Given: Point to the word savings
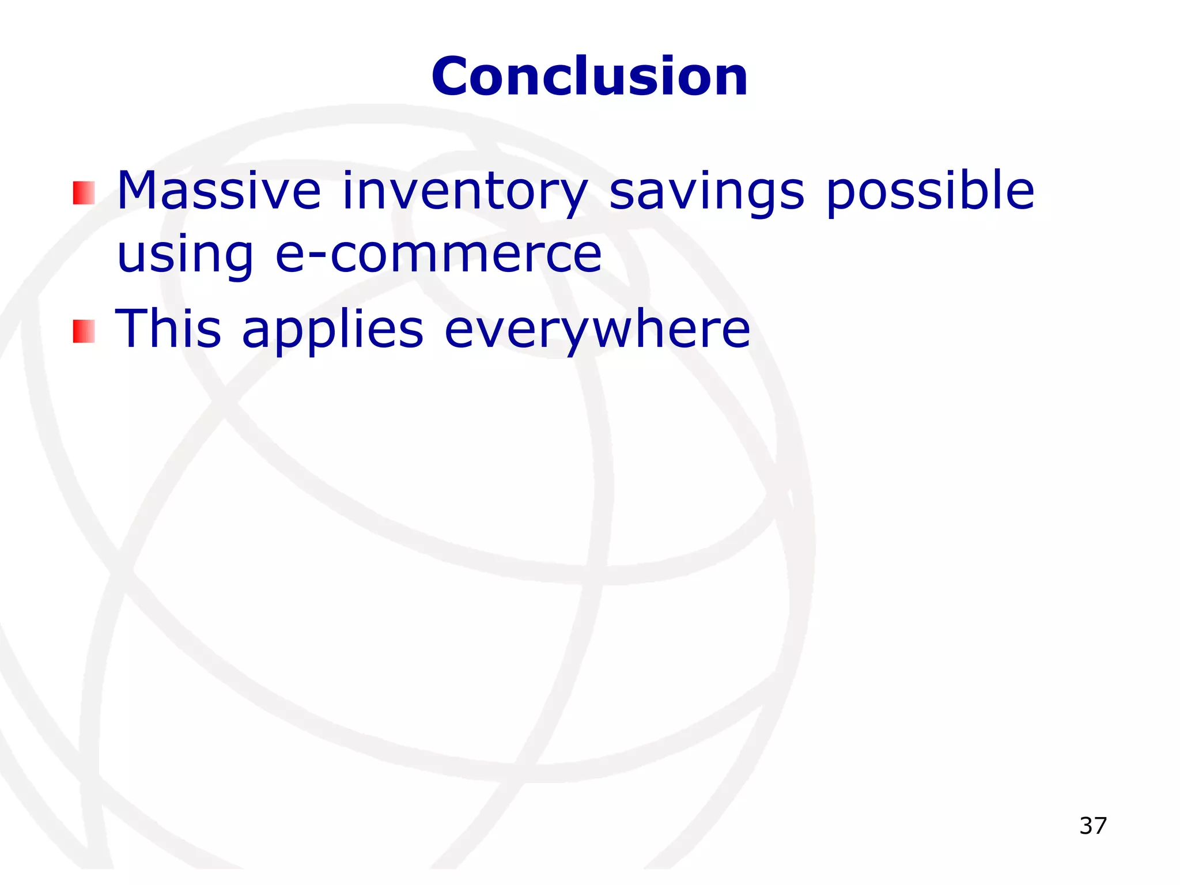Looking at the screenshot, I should click(706, 192).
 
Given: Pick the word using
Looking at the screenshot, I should click(185, 256).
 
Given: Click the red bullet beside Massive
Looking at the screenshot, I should click(84, 193).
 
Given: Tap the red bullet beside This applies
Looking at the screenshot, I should click(84, 331).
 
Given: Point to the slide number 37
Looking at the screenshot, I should click(1093, 826).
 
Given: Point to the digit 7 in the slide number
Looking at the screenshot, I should click(1100, 826).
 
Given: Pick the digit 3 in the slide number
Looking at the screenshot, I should click(1086, 826).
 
